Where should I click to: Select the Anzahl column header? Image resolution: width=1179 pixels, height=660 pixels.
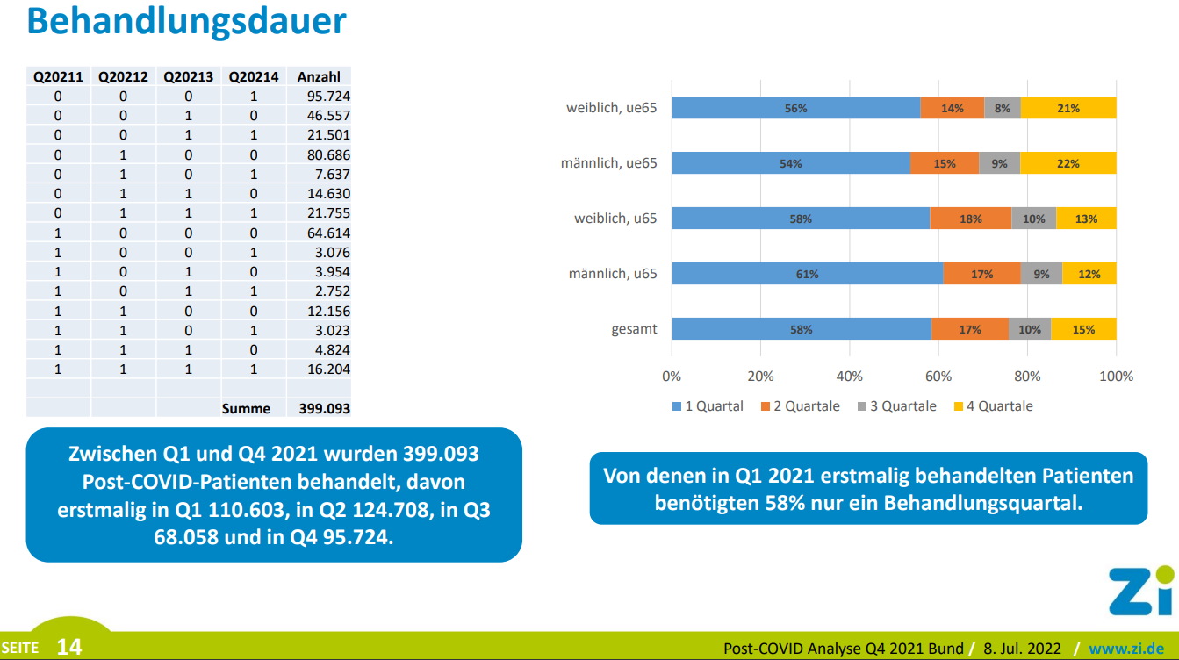[319, 76]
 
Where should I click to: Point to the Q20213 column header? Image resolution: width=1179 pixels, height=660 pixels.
[189, 76]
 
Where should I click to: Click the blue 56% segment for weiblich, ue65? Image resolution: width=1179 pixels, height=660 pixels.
[795, 108]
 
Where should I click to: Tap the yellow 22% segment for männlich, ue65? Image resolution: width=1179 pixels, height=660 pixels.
[1068, 163]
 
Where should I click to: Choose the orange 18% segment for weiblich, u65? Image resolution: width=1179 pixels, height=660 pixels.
[970, 219]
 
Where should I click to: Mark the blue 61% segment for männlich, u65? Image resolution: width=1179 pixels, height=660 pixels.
[807, 274]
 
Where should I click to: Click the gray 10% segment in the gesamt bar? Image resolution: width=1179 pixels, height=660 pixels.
[1030, 329]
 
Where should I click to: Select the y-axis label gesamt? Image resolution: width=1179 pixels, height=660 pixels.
[634, 330]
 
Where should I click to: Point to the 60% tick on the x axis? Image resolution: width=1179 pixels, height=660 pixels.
[938, 377]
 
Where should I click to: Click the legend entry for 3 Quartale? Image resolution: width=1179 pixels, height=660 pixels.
[897, 406]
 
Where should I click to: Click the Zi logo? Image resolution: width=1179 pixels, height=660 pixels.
[1140, 591]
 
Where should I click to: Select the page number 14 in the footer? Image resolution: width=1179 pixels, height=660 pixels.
[69, 648]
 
